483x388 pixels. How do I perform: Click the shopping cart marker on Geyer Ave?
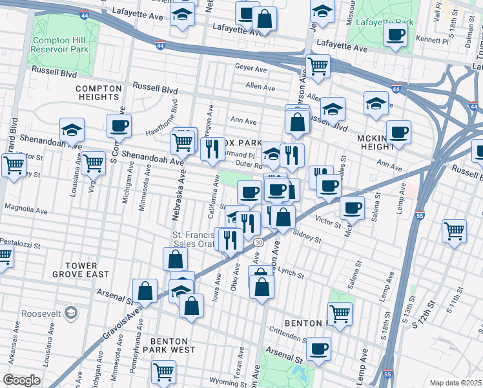pos(317,66)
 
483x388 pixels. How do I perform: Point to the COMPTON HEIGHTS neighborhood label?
pos(98,92)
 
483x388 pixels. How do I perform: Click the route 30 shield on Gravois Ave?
pos(258,242)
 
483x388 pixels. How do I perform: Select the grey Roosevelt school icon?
pos(71,314)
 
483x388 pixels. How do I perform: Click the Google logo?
pos(21,380)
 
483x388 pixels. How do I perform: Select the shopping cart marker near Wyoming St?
pos(163,371)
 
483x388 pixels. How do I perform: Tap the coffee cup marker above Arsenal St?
pos(318,349)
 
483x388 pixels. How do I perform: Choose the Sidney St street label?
pos(307,236)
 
